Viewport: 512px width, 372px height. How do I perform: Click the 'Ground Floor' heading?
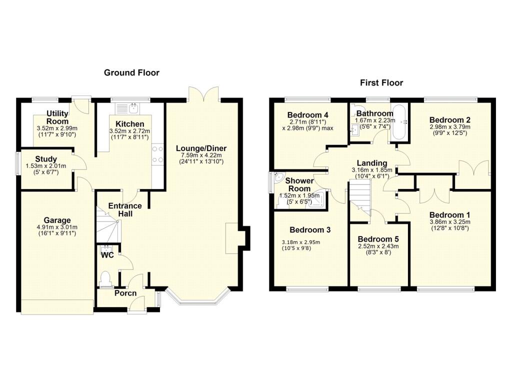131,72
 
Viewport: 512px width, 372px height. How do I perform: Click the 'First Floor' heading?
381,82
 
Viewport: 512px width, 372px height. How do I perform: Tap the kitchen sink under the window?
127,108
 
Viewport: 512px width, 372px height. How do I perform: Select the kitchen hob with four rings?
157,154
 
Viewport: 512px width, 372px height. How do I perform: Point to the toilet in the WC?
105,279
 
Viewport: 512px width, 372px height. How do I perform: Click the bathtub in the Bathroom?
399,122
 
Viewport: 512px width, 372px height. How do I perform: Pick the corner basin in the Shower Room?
278,176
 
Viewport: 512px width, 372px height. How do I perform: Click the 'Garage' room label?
57,220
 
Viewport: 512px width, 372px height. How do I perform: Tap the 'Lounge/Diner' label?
201,148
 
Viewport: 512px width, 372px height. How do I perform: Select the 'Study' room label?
46,159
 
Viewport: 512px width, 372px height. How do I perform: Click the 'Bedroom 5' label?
378,239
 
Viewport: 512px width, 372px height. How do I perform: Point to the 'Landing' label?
372,163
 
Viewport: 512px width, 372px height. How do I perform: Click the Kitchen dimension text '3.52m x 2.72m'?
130,131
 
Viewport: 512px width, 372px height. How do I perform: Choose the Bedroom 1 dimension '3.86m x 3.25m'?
449,222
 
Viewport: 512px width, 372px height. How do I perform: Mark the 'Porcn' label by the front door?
125,293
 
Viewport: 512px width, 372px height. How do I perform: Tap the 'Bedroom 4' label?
307,115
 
